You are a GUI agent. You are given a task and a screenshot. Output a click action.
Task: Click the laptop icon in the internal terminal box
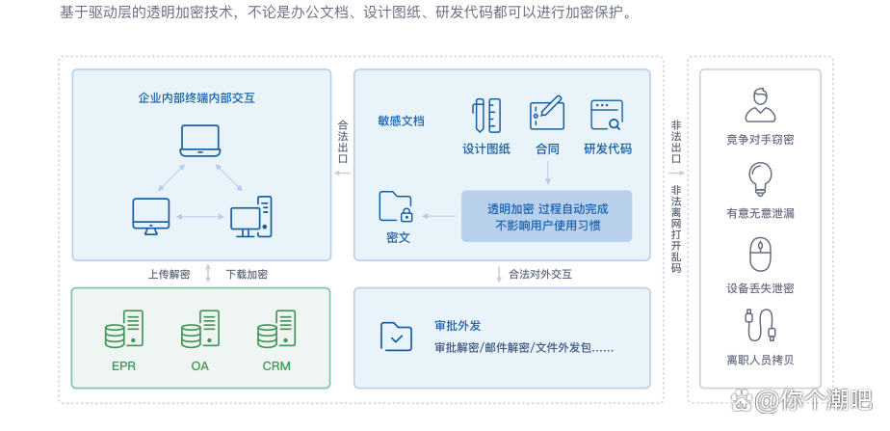(x=200, y=141)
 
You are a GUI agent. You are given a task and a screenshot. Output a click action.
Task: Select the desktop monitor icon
(x=150, y=215)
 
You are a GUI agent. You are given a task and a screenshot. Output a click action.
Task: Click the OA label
(x=200, y=366)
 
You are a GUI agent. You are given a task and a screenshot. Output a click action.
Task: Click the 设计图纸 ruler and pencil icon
(x=486, y=115)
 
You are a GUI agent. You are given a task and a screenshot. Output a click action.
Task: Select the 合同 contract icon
(x=546, y=114)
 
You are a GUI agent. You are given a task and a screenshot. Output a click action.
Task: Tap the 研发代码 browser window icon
(x=607, y=115)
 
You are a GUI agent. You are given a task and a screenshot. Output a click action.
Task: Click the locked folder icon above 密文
(x=396, y=207)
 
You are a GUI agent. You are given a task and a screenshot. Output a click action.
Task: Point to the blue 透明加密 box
(x=546, y=216)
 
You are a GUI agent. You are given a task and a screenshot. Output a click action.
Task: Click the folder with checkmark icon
(x=396, y=336)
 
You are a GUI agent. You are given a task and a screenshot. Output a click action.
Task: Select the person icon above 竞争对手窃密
(x=760, y=104)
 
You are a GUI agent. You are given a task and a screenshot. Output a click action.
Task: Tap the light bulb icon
(x=760, y=178)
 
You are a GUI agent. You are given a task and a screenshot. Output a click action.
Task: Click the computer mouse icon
(x=760, y=255)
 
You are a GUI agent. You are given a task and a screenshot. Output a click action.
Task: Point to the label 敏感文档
(x=401, y=121)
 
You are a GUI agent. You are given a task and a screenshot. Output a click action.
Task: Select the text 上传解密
(x=169, y=274)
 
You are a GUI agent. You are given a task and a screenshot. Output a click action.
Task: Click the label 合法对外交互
(x=540, y=274)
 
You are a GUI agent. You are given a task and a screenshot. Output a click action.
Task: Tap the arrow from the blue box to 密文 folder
(x=440, y=215)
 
